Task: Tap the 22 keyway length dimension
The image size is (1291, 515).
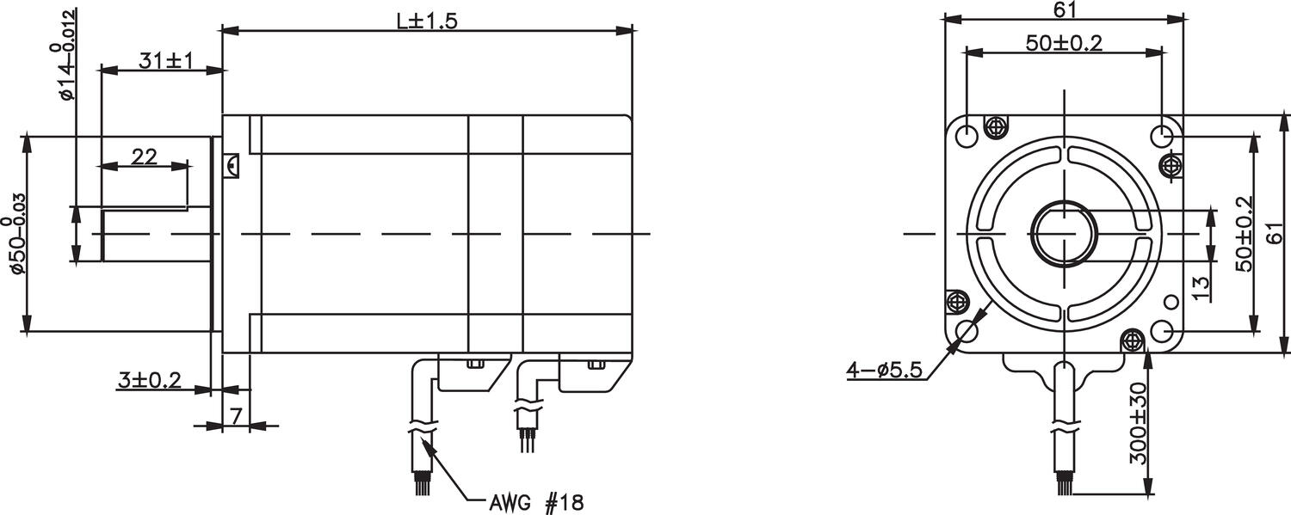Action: pyautogui.click(x=144, y=156)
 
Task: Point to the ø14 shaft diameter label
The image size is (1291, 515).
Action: pyautogui.click(x=68, y=54)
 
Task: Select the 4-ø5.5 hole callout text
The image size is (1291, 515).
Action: pyautogui.click(x=884, y=370)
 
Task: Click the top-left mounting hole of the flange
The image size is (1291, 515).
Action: pyautogui.click(x=967, y=135)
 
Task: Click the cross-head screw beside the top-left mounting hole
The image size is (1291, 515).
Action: pyautogui.click(x=997, y=127)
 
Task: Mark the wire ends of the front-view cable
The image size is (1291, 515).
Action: pyautogui.click(x=1065, y=487)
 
